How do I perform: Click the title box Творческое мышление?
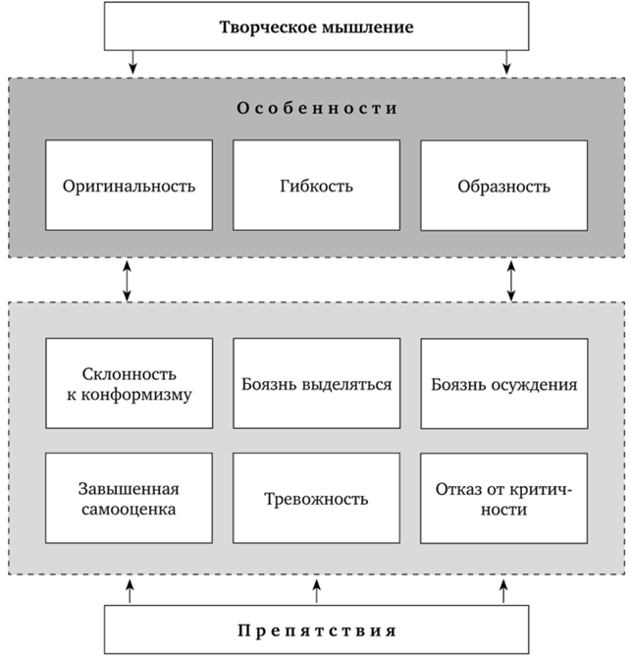tap(315, 27)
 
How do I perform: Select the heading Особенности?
tap(315, 108)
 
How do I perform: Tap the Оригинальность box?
tap(129, 186)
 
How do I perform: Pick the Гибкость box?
tap(315, 186)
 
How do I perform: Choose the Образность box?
tap(503, 186)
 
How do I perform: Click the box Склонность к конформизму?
tap(129, 384)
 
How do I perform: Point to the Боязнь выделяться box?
tap(315, 384)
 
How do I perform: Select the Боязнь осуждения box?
tap(503, 384)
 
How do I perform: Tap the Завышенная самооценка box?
tap(129, 498)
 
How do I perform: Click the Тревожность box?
tap(315, 498)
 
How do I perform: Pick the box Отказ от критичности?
tap(503, 498)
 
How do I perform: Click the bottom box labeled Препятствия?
tap(315, 629)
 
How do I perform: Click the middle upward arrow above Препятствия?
tap(316, 591)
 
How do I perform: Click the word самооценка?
tap(129, 510)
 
